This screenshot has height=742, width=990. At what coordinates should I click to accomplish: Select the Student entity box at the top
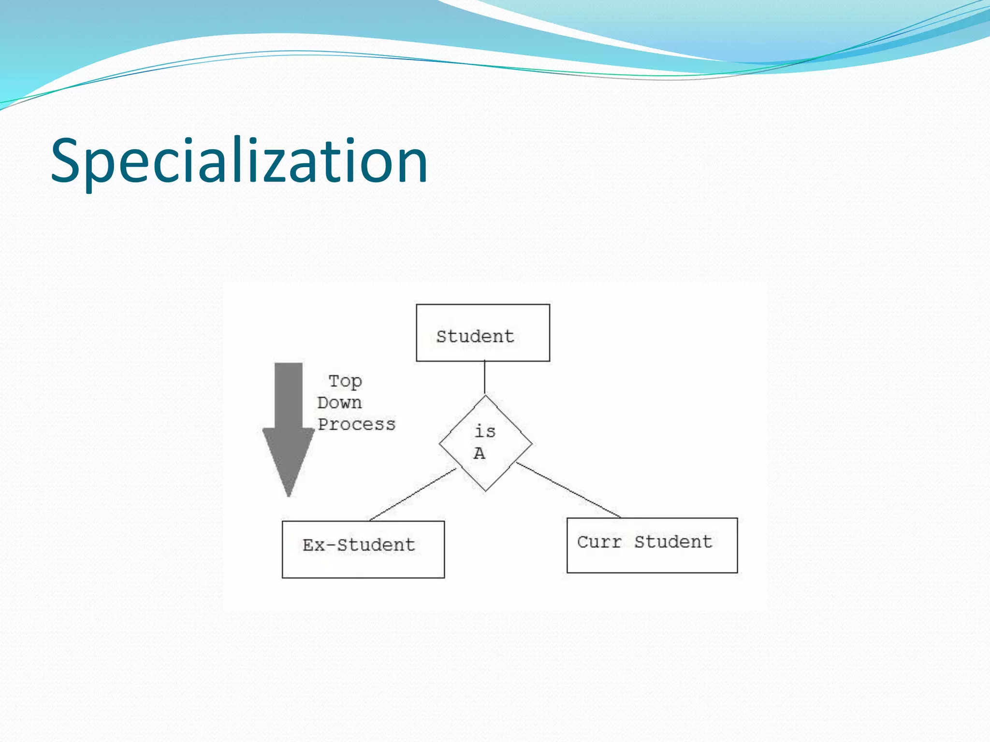point(482,333)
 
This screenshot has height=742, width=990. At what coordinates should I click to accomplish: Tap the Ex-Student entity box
point(363,549)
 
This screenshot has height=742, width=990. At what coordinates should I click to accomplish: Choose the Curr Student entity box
point(652,545)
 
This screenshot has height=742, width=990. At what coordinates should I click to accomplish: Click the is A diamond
point(485,443)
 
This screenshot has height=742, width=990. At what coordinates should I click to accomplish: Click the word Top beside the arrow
point(345,381)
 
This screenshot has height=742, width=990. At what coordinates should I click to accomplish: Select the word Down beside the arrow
point(339,403)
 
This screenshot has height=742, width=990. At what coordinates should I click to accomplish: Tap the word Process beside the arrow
point(356,424)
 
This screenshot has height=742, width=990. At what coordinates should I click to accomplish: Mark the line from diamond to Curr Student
point(568,490)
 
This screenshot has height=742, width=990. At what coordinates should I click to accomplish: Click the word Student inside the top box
point(475,337)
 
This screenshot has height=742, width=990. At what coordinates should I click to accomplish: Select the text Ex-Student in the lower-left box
point(359,545)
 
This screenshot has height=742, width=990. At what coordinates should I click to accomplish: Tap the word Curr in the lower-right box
point(599,542)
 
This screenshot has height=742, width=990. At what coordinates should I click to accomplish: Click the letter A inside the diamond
point(479,454)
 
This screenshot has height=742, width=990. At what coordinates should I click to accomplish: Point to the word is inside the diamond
point(485,431)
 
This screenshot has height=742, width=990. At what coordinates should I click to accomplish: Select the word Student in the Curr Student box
point(673,542)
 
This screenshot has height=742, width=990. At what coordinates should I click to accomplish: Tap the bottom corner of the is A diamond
point(485,490)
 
